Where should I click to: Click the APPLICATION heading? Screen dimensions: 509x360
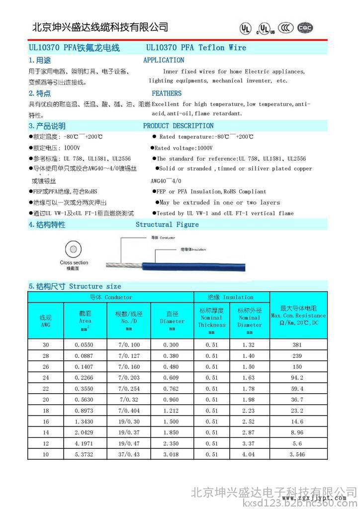click(164, 60)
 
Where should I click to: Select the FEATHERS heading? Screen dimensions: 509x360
click(167, 93)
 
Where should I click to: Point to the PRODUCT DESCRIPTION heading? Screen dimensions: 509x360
click(178, 126)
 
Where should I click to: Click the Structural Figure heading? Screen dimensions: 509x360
click(167, 225)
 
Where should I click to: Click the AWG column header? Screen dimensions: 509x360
click(45, 321)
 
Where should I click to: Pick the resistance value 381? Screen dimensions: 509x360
click(298, 344)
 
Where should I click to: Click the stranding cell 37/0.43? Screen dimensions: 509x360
click(129, 454)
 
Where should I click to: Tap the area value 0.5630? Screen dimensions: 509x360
click(84, 400)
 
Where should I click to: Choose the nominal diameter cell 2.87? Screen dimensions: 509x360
click(249, 432)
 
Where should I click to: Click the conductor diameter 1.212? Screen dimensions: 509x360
click(172, 411)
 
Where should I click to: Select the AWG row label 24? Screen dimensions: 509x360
click(46, 378)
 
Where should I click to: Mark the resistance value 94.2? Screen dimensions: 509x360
click(298, 378)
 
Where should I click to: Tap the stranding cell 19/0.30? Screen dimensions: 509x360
click(129, 422)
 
